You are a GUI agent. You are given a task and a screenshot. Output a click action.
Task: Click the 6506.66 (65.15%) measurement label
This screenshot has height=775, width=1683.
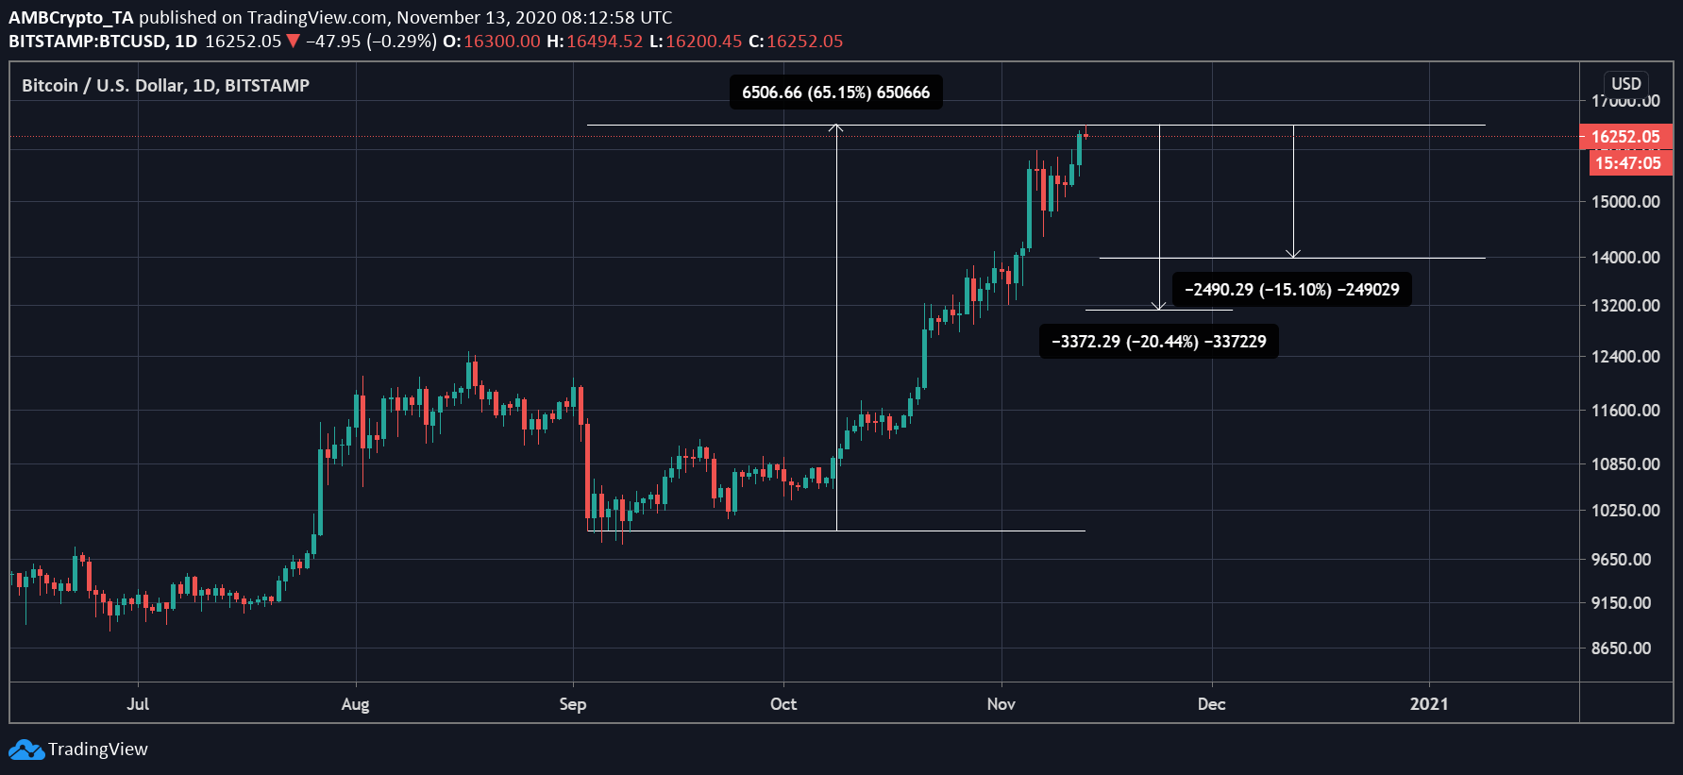(x=835, y=93)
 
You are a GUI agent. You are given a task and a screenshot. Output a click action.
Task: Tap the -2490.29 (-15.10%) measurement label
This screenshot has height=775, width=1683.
(x=1291, y=290)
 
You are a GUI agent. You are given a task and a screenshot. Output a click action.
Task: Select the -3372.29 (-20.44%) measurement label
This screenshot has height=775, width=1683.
(x=1158, y=342)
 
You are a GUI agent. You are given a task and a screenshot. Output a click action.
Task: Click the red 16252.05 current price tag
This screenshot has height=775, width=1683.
(x=1624, y=137)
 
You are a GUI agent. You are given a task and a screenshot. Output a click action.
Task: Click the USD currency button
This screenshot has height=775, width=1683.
(x=1625, y=83)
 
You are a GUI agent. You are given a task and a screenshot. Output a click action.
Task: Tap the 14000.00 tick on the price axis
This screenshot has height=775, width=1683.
(x=1625, y=258)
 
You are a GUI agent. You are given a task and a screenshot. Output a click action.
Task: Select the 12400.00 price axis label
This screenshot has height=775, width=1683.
(x=1625, y=357)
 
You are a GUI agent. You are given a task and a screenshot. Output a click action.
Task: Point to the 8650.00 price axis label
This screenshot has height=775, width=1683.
(x=1621, y=649)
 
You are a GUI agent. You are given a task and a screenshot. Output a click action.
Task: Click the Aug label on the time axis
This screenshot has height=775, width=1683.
(x=355, y=704)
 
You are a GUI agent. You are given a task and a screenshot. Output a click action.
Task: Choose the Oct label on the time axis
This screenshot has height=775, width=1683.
(x=783, y=704)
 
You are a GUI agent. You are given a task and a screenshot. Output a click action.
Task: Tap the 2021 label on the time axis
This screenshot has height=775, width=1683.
(x=1428, y=704)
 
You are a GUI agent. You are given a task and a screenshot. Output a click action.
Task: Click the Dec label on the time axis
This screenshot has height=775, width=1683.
(x=1211, y=704)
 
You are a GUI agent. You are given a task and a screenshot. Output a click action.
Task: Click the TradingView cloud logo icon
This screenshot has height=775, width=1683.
(x=26, y=750)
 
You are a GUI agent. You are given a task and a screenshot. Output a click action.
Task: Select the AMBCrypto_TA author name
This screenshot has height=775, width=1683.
(x=71, y=17)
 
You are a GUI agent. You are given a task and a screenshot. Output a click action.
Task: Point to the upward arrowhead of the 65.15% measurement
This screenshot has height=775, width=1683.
(x=836, y=127)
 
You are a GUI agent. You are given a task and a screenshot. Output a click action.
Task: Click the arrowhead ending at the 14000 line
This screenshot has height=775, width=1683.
(x=1293, y=254)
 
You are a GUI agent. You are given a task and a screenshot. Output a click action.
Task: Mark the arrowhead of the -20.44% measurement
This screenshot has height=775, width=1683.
(x=1159, y=306)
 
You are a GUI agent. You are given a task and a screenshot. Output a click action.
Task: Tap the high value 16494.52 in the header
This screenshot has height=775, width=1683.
(x=604, y=42)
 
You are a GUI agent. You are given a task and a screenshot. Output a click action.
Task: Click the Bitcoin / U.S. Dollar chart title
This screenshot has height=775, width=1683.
(x=165, y=86)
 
